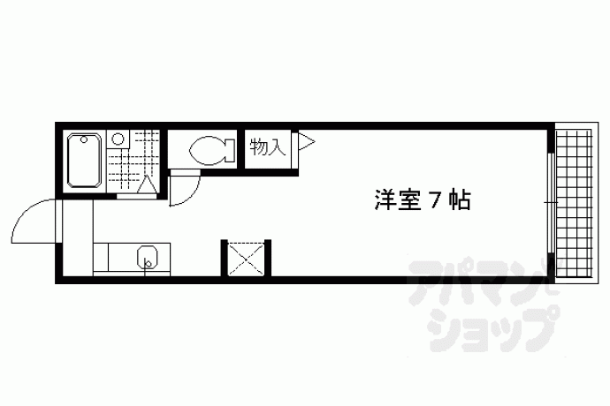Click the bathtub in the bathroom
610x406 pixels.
point(84,160)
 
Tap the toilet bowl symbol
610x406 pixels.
point(207,150)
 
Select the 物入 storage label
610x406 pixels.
point(268,147)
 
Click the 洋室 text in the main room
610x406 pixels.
point(398,200)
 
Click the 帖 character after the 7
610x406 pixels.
point(459,200)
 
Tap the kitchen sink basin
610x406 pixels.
point(148,257)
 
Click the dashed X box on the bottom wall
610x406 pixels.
point(246,259)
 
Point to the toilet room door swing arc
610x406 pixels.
point(191,195)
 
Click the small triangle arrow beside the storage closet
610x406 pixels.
point(306,141)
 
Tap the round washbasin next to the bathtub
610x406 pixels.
point(118,139)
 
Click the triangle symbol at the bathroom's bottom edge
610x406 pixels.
point(147,185)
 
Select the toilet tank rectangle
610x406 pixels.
point(230,150)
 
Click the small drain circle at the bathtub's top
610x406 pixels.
point(84,139)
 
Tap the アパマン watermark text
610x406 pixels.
point(483,280)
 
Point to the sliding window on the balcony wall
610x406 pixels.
point(551,203)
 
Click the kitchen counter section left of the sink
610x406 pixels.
point(101,257)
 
